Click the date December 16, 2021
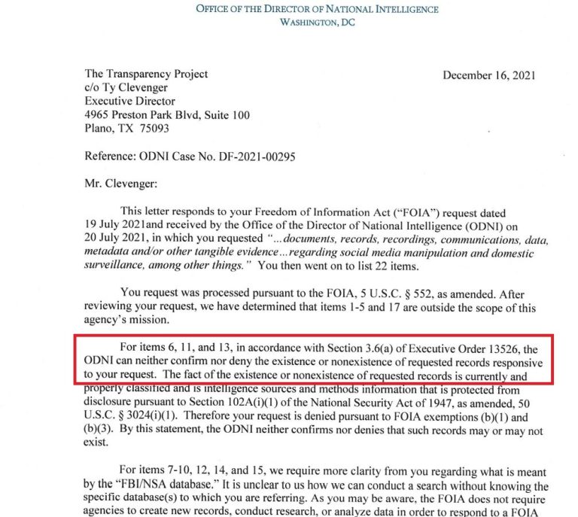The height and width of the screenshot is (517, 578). pyautogui.click(x=489, y=75)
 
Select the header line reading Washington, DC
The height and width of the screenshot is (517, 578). pyautogui.click(x=317, y=23)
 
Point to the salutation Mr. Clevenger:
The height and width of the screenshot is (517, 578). pyautogui.click(x=119, y=181)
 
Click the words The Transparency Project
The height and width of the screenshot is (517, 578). pyautogui.click(x=146, y=75)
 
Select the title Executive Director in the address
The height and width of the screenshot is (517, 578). pyautogui.click(x=129, y=101)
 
